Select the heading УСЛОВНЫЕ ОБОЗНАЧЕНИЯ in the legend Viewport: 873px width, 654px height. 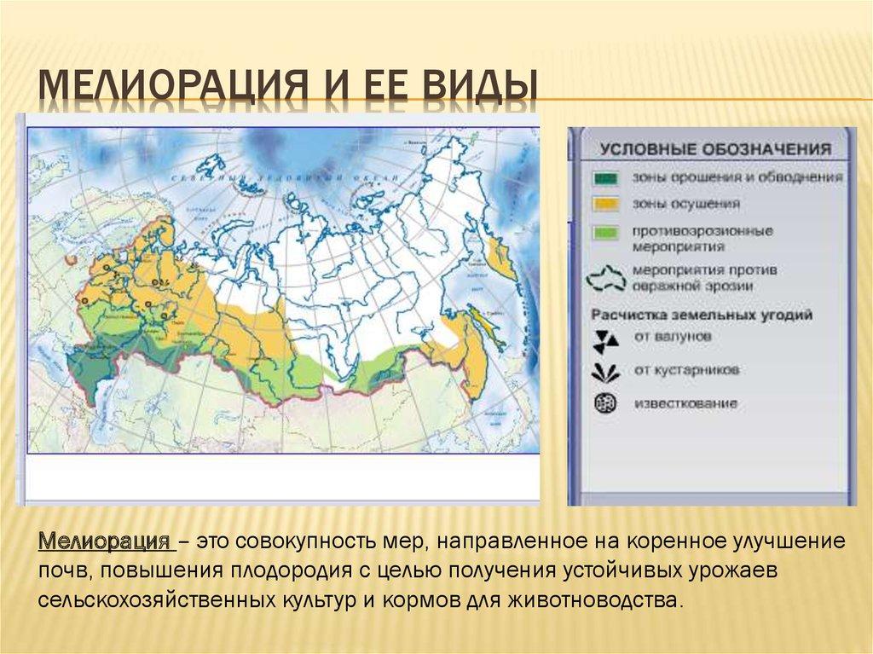(715, 149)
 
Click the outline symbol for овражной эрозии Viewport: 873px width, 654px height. (607, 277)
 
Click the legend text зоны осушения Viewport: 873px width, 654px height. (674, 205)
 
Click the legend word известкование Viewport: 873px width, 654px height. (685, 403)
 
